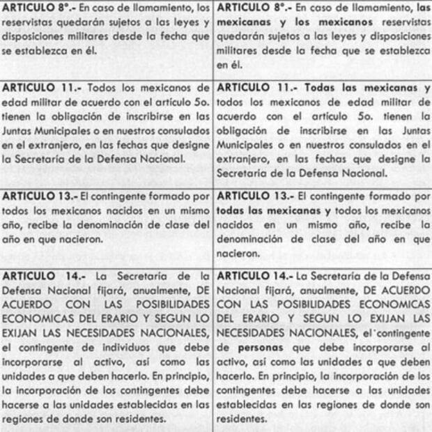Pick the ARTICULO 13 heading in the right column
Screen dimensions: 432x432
click(253, 197)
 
